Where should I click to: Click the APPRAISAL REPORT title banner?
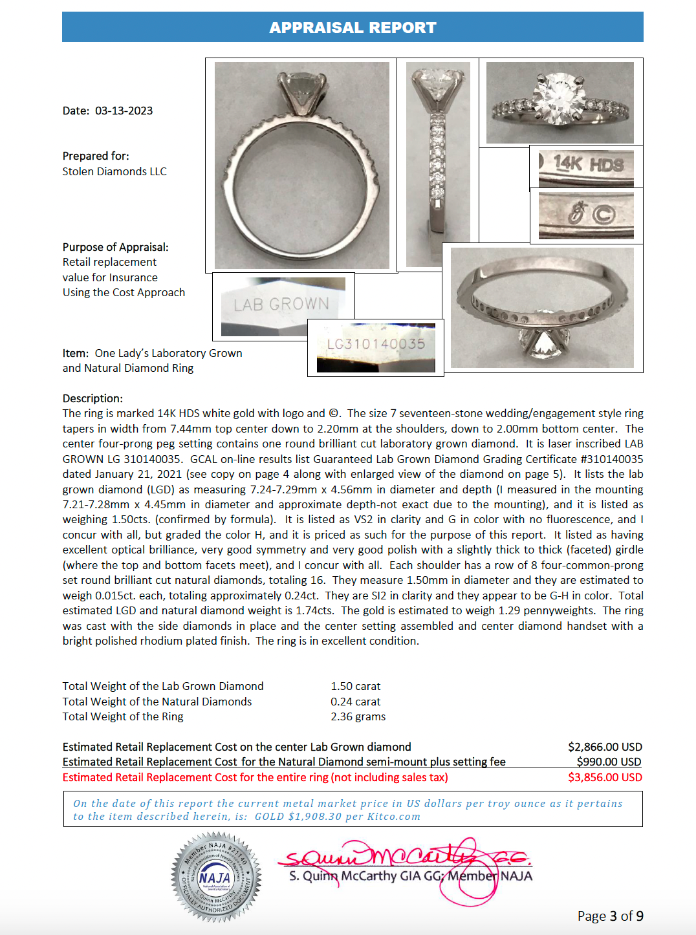point(353,27)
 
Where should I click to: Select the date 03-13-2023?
point(124,111)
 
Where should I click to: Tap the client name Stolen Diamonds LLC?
point(114,171)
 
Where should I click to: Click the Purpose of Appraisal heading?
point(115,247)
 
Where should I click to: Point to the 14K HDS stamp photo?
point(586,167)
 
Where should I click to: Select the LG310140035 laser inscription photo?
point(376,348)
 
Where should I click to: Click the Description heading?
point(92,398)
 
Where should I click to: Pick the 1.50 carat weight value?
point(355,686)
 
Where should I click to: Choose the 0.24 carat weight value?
point(355,702)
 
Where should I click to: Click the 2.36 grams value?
point(358,716)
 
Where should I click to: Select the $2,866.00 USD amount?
point(605,747)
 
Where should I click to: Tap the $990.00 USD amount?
point(609,762)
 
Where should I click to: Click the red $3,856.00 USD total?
point(605,777)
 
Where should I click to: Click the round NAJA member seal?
point(216,877)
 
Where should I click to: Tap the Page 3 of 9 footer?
point(610,916)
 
